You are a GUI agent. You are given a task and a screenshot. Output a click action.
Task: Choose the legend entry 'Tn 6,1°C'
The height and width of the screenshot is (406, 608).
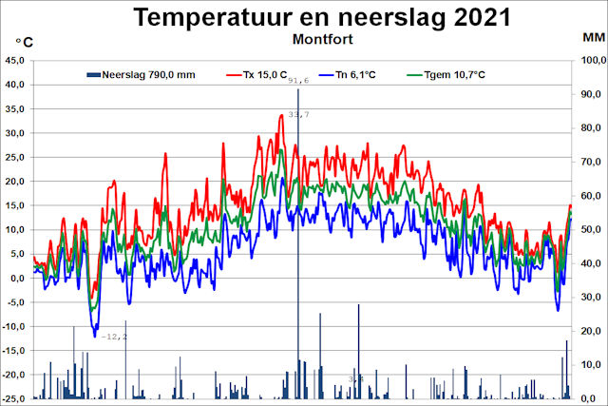tap(349, 74)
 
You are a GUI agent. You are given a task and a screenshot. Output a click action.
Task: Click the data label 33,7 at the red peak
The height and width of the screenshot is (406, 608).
tap(298, 114)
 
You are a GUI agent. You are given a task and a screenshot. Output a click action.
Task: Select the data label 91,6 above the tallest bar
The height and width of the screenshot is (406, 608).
tap(299, 81)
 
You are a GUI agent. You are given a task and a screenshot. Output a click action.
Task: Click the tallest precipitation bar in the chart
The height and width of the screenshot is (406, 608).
tap(297, 238)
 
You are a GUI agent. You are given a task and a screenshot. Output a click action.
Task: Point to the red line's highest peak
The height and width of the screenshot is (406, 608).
tap(282, 115)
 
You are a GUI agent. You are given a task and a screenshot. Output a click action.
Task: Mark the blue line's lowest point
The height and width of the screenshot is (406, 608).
tap(95, 336)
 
